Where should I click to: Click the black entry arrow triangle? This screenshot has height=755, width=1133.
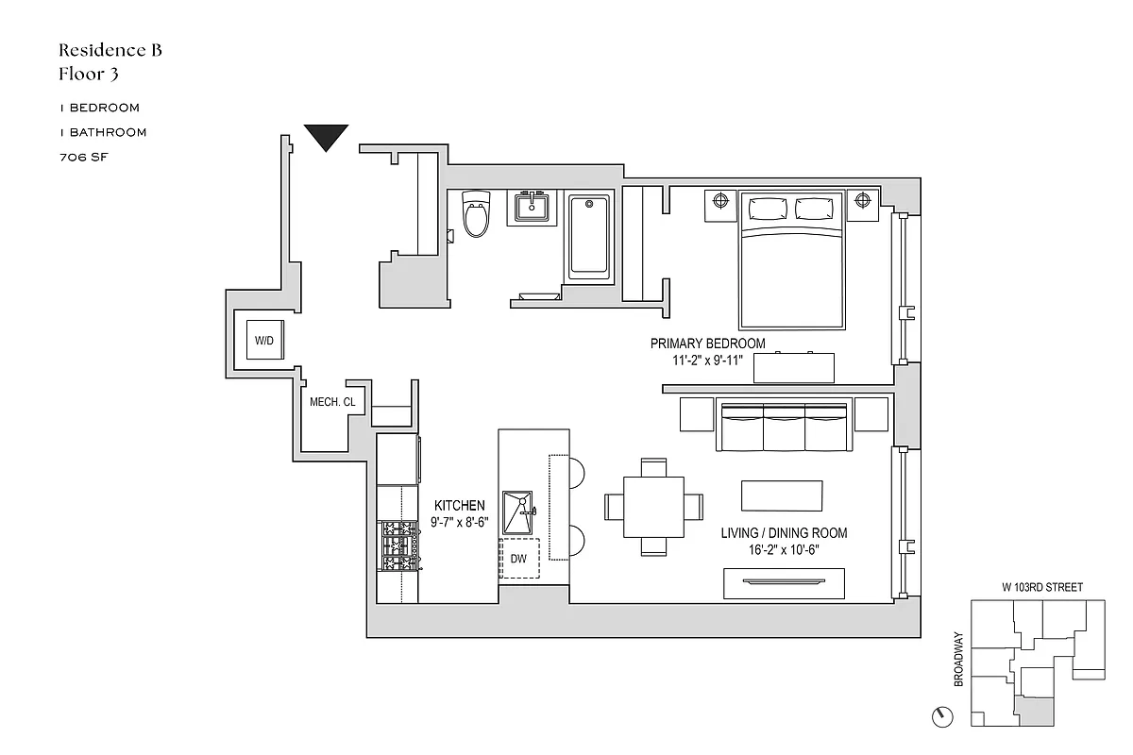click(x=327, y=136)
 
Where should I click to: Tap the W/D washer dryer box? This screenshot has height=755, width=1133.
click(x=263, y=340)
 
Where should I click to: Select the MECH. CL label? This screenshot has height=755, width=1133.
click(x=331, y=402)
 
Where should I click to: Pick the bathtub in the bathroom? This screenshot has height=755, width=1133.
click(x=591, y=236)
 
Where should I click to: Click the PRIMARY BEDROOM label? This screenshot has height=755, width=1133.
click(x=707, y=344)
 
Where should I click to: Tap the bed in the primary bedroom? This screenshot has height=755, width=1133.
click(x=791, y=260)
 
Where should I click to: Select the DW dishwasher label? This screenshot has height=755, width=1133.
click(x=518, y=559)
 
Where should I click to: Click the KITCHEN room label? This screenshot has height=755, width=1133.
click(x=460, y=506)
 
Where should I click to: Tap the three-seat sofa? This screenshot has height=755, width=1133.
click(x=784, y=426)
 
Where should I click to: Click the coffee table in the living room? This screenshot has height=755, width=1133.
click(x=781, y=495)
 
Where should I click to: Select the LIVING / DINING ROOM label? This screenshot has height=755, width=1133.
click(x=784, y=533)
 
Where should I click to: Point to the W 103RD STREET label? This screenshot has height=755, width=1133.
click(x=1042, y=587)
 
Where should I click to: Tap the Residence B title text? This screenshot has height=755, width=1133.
click(x=110, y=50)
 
